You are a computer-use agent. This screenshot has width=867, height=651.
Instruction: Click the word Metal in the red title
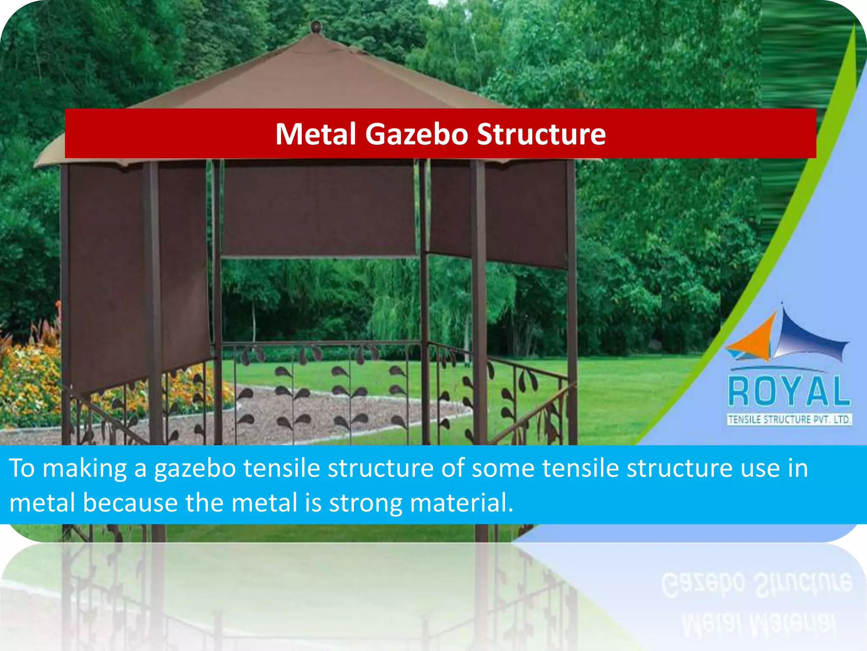click(x=316, y=134)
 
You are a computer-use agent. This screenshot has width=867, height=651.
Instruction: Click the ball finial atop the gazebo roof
click(x=315, y=27)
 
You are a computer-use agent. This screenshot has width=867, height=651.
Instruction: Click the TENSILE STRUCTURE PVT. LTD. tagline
click(x=789, y=420)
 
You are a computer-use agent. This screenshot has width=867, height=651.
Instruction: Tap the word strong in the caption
click(x=365, y=503)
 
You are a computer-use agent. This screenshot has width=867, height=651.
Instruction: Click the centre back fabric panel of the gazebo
click(x=318, y=210)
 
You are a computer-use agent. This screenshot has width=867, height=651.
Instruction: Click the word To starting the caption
click(x=22, y=469)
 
